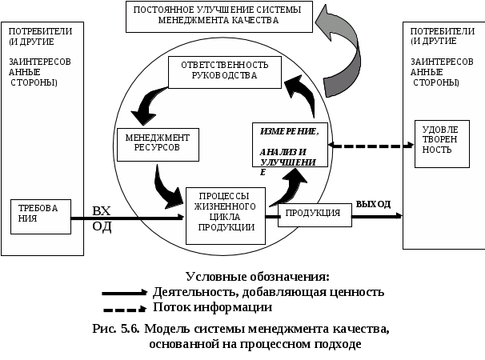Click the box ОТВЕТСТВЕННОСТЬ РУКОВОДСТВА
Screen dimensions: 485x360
[x=225, y=72]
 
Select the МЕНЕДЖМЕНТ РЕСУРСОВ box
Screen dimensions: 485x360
[x=158, y=145]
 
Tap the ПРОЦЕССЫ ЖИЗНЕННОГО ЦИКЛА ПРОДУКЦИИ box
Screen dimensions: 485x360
[x=226, y=216]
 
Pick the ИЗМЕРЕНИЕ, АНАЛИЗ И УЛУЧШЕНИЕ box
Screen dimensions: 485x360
[x=290, y=145]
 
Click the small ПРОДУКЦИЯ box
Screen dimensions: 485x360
[x=315, y=215]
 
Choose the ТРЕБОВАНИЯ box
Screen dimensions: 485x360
[x=41, y=217]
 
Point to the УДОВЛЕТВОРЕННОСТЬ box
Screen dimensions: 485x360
[x=442, y=144]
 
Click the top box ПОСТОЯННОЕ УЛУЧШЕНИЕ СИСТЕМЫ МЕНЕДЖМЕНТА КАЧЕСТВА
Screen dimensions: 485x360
[x=219, y=17]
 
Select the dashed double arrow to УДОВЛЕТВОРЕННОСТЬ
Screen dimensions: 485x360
[x=371, y=146]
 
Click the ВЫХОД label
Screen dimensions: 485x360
[x=373, y=204]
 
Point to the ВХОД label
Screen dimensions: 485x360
[x=102, y=218]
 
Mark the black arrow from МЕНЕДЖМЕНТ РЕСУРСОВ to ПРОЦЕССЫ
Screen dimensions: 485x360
[x=166, y=189]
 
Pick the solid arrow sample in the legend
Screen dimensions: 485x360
[x=124, y=293]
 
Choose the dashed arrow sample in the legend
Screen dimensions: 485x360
[x=124, y=309]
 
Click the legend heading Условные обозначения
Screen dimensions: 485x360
[x=258, y=277]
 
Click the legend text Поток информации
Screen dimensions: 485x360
[x=213, y=307]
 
